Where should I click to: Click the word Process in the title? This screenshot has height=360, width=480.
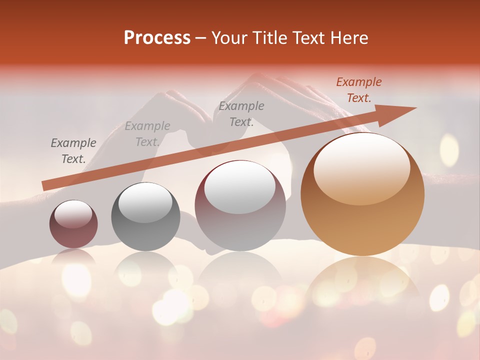[x=157, y=38]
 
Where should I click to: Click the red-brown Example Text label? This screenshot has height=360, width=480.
[x=358, y=90]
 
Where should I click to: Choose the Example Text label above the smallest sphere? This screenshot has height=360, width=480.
[x=73, y=151]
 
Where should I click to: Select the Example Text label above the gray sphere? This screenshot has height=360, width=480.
[x=147, y=134]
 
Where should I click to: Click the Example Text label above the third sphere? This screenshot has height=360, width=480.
[x=241, y=114]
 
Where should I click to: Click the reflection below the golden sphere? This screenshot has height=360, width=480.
[x=362, y=280]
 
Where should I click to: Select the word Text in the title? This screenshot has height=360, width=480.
[x=306, y=38]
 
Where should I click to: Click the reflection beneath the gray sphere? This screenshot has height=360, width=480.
[x=145, y=267]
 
